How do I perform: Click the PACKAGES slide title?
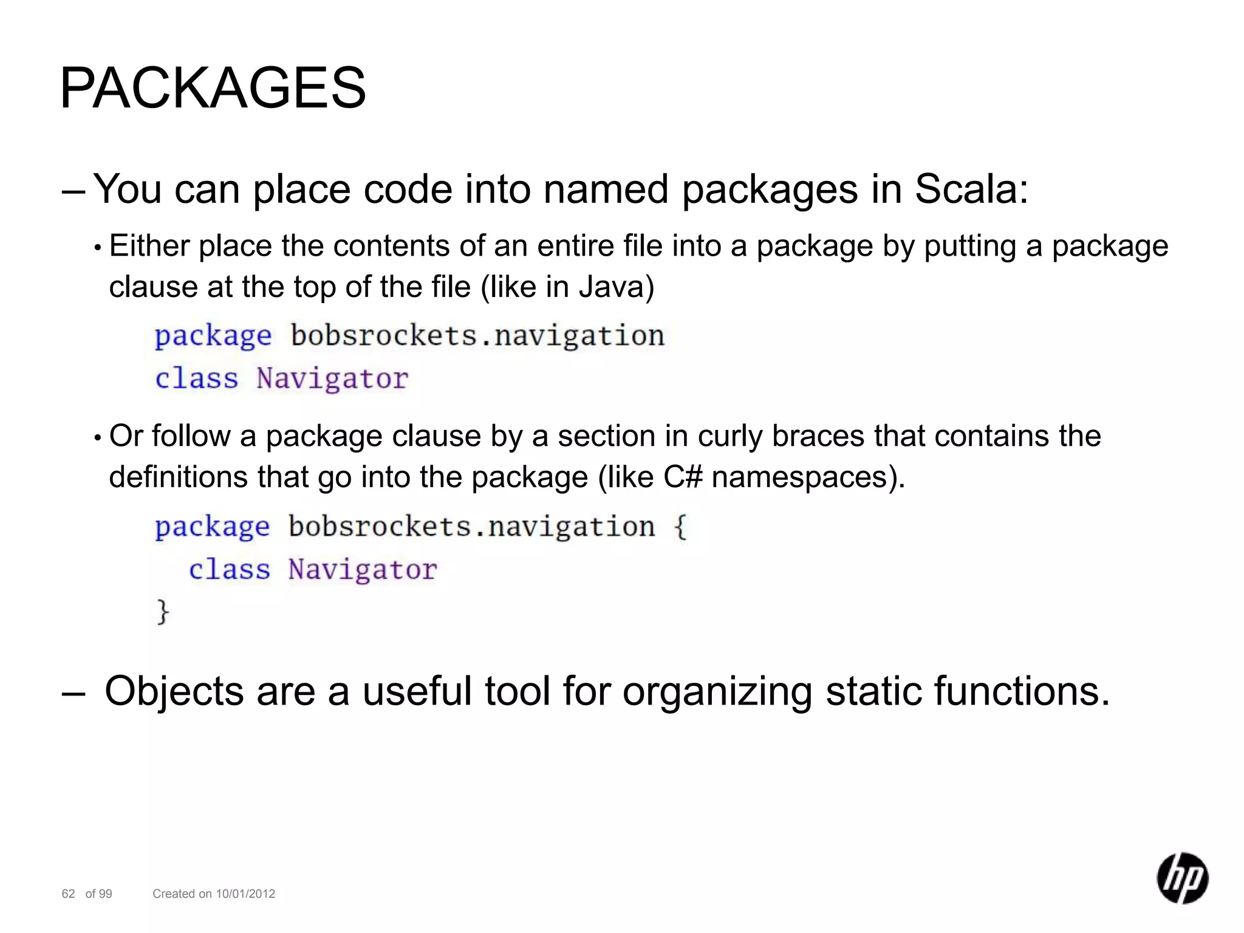pyautogui.click(x=213, y=89)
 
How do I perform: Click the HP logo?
pyautogui.click(x=1182, y=878)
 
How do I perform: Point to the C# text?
pyautogui.click(x=683, y=477)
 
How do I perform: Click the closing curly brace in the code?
pyautogui.click(x=163, y=611)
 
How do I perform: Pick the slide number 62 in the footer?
pyautogui.click(x=68, y=894)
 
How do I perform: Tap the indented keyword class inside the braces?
pyautogui.click(x=229, y=570)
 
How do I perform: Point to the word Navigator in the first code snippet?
pyautogui.click(x=332, y=379)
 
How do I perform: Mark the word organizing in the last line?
pyautogui.click(x=717, y=691)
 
